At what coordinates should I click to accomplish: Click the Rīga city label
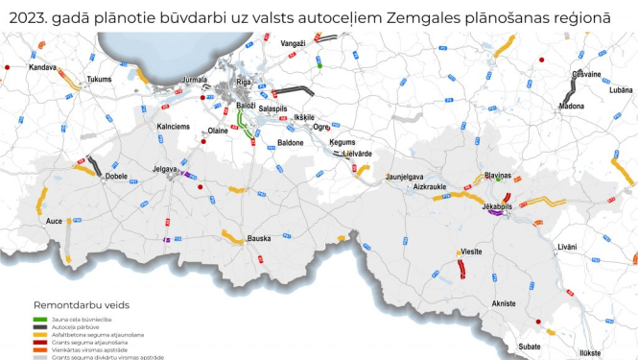[x=244, y=83]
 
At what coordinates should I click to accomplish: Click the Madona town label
[x=571, y=107]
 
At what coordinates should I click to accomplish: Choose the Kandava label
[x=42, y=68]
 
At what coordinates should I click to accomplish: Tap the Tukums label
[x=100, y=80]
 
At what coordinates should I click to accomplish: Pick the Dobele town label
[x=116, y=177]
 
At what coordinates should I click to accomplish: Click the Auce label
[x=54, y=221]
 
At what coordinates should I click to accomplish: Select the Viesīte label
[x=471, y=251]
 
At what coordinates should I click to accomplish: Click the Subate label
[x=530, y=345]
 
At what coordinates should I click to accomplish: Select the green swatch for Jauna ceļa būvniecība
[x=40, y=319]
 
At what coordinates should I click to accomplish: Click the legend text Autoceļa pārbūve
[x=87, y=326]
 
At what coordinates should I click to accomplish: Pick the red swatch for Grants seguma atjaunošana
[x=40, y=342]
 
